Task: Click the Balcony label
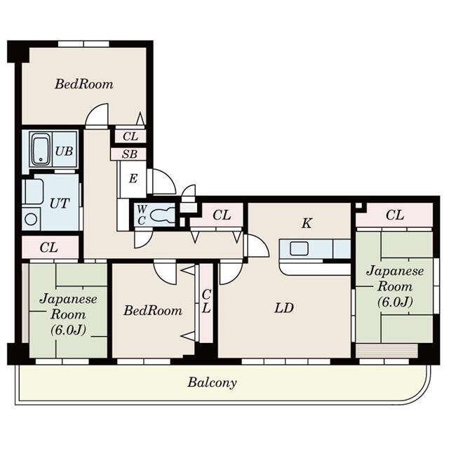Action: pos(211,383)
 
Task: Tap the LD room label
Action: pos(283,307)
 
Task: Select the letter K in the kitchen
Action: pos(307,223)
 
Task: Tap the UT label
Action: pos(58,203)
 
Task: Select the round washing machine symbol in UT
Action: pos(31,218)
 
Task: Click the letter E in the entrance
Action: pos(132,179)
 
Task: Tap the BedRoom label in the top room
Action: pos(84,84)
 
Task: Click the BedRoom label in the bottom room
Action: pos(153,310)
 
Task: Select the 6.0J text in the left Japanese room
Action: pos(67,328)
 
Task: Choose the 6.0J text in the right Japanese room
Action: pos(394,302)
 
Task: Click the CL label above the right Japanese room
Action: pos(394,215)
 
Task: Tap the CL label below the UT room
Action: pos(48,247)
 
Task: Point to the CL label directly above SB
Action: pos(130,137)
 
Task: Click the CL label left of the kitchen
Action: pos(222,215)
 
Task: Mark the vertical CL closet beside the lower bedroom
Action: pos(206,302)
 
